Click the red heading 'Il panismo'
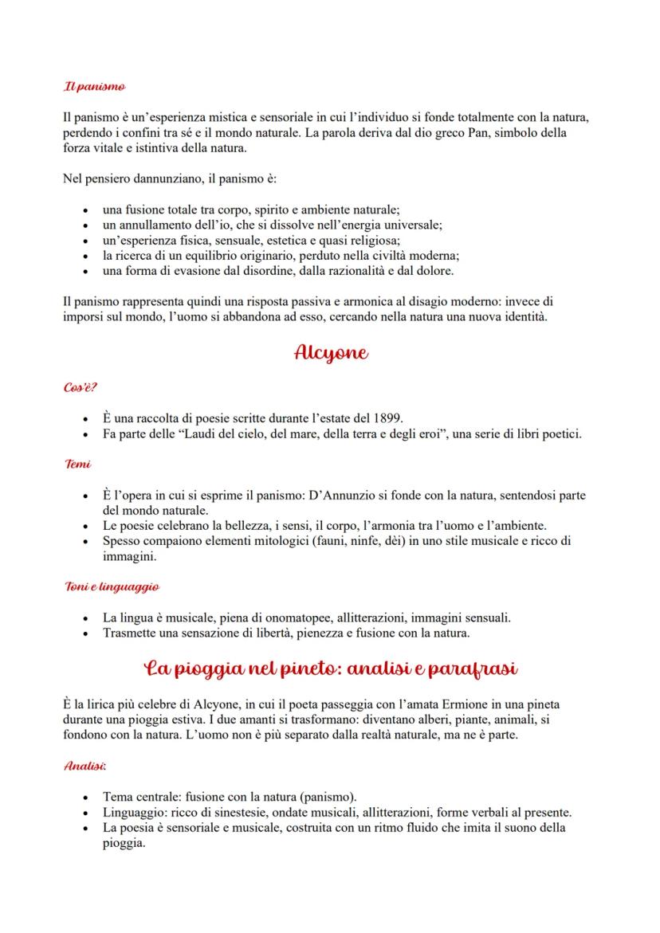(x=93, y=85)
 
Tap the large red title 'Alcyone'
(x=330, y=353)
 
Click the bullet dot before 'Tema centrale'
(x=85, y=798)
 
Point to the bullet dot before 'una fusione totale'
(x=85, y=210)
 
